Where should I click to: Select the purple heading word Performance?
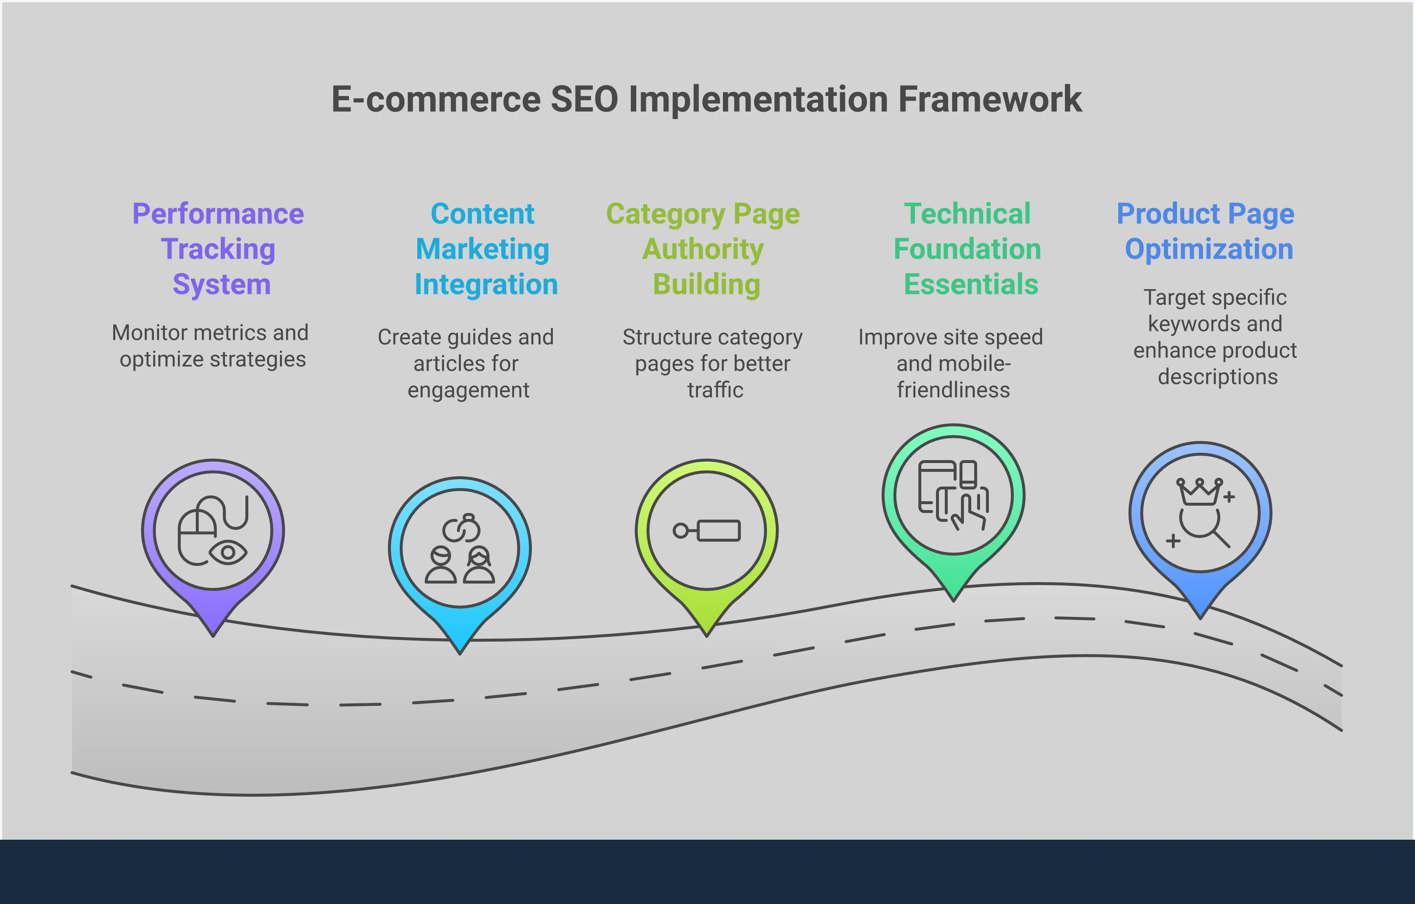pyautogui.click(x=218, y=214)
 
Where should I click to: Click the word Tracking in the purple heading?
pyautogui.click(x=218, y=249)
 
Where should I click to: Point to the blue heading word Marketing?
pyautogui.click(x=482, y=249)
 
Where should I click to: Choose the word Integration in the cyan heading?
pyautogui.click(x=486, y=284)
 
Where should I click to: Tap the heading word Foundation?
pyautogui.click(x=967, y=249)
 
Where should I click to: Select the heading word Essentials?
pyautogui.click(x=971, y=284)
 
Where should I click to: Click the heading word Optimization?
pyautogui.click(x=1209, y=249)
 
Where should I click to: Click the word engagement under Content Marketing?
pyautogui.click(x=468, y=390)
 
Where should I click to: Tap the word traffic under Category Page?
pyautogui.click(x=715, y=390)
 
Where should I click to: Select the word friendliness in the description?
pyautogui.click(x=953, y=390)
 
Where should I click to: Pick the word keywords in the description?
pyautogui.click(x=1186, y=324)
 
